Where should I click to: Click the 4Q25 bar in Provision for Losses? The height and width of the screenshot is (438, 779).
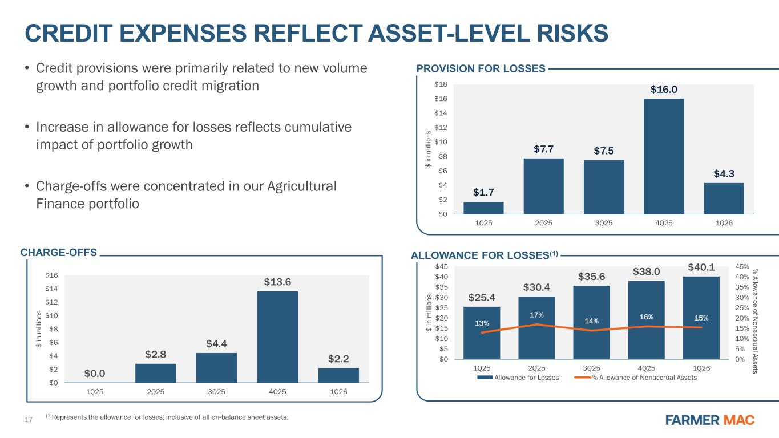[664, 156]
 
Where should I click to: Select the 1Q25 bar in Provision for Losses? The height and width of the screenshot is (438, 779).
[483, 208]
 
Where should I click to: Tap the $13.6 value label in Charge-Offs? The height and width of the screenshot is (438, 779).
[277, 282]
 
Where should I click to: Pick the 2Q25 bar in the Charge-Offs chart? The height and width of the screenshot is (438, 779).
[155, 373]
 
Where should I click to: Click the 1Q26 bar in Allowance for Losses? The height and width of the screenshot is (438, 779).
[701, 318]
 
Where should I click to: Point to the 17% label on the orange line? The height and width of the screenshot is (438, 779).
[536, 315]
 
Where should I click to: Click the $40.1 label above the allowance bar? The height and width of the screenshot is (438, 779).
[701, 267]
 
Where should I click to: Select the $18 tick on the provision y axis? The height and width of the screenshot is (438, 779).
[441, 84]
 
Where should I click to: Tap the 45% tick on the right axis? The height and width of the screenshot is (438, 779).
[742, 267]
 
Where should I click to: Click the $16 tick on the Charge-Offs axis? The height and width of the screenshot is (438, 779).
[51, 275]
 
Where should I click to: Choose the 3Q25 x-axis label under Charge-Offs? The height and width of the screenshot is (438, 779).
[216, 392]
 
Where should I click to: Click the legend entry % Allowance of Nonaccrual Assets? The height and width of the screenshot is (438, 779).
[644, 378]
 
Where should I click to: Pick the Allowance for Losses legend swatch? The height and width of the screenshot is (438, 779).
[485, 378]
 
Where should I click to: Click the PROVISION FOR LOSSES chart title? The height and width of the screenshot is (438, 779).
[481, 68]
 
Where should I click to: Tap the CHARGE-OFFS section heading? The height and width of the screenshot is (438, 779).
[58, 253]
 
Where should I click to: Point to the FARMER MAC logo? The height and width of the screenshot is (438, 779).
[710, 420]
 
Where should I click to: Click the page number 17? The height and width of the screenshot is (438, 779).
[29, 420]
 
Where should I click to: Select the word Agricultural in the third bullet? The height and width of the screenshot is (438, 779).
[301, 186]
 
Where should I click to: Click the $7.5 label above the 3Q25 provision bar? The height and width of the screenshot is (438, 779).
[603, 151]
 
